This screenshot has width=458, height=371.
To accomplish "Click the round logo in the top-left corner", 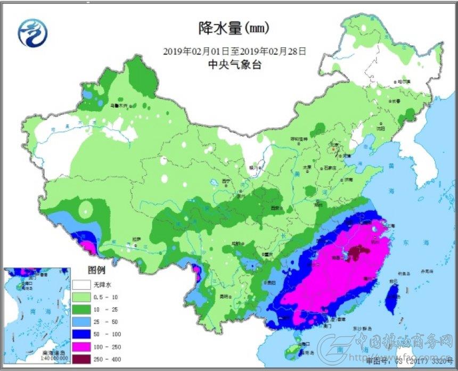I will click(32, 32).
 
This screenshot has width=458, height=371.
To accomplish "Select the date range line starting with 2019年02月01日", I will click(234, 52).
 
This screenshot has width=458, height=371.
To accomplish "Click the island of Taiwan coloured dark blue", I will click(392, 295).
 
